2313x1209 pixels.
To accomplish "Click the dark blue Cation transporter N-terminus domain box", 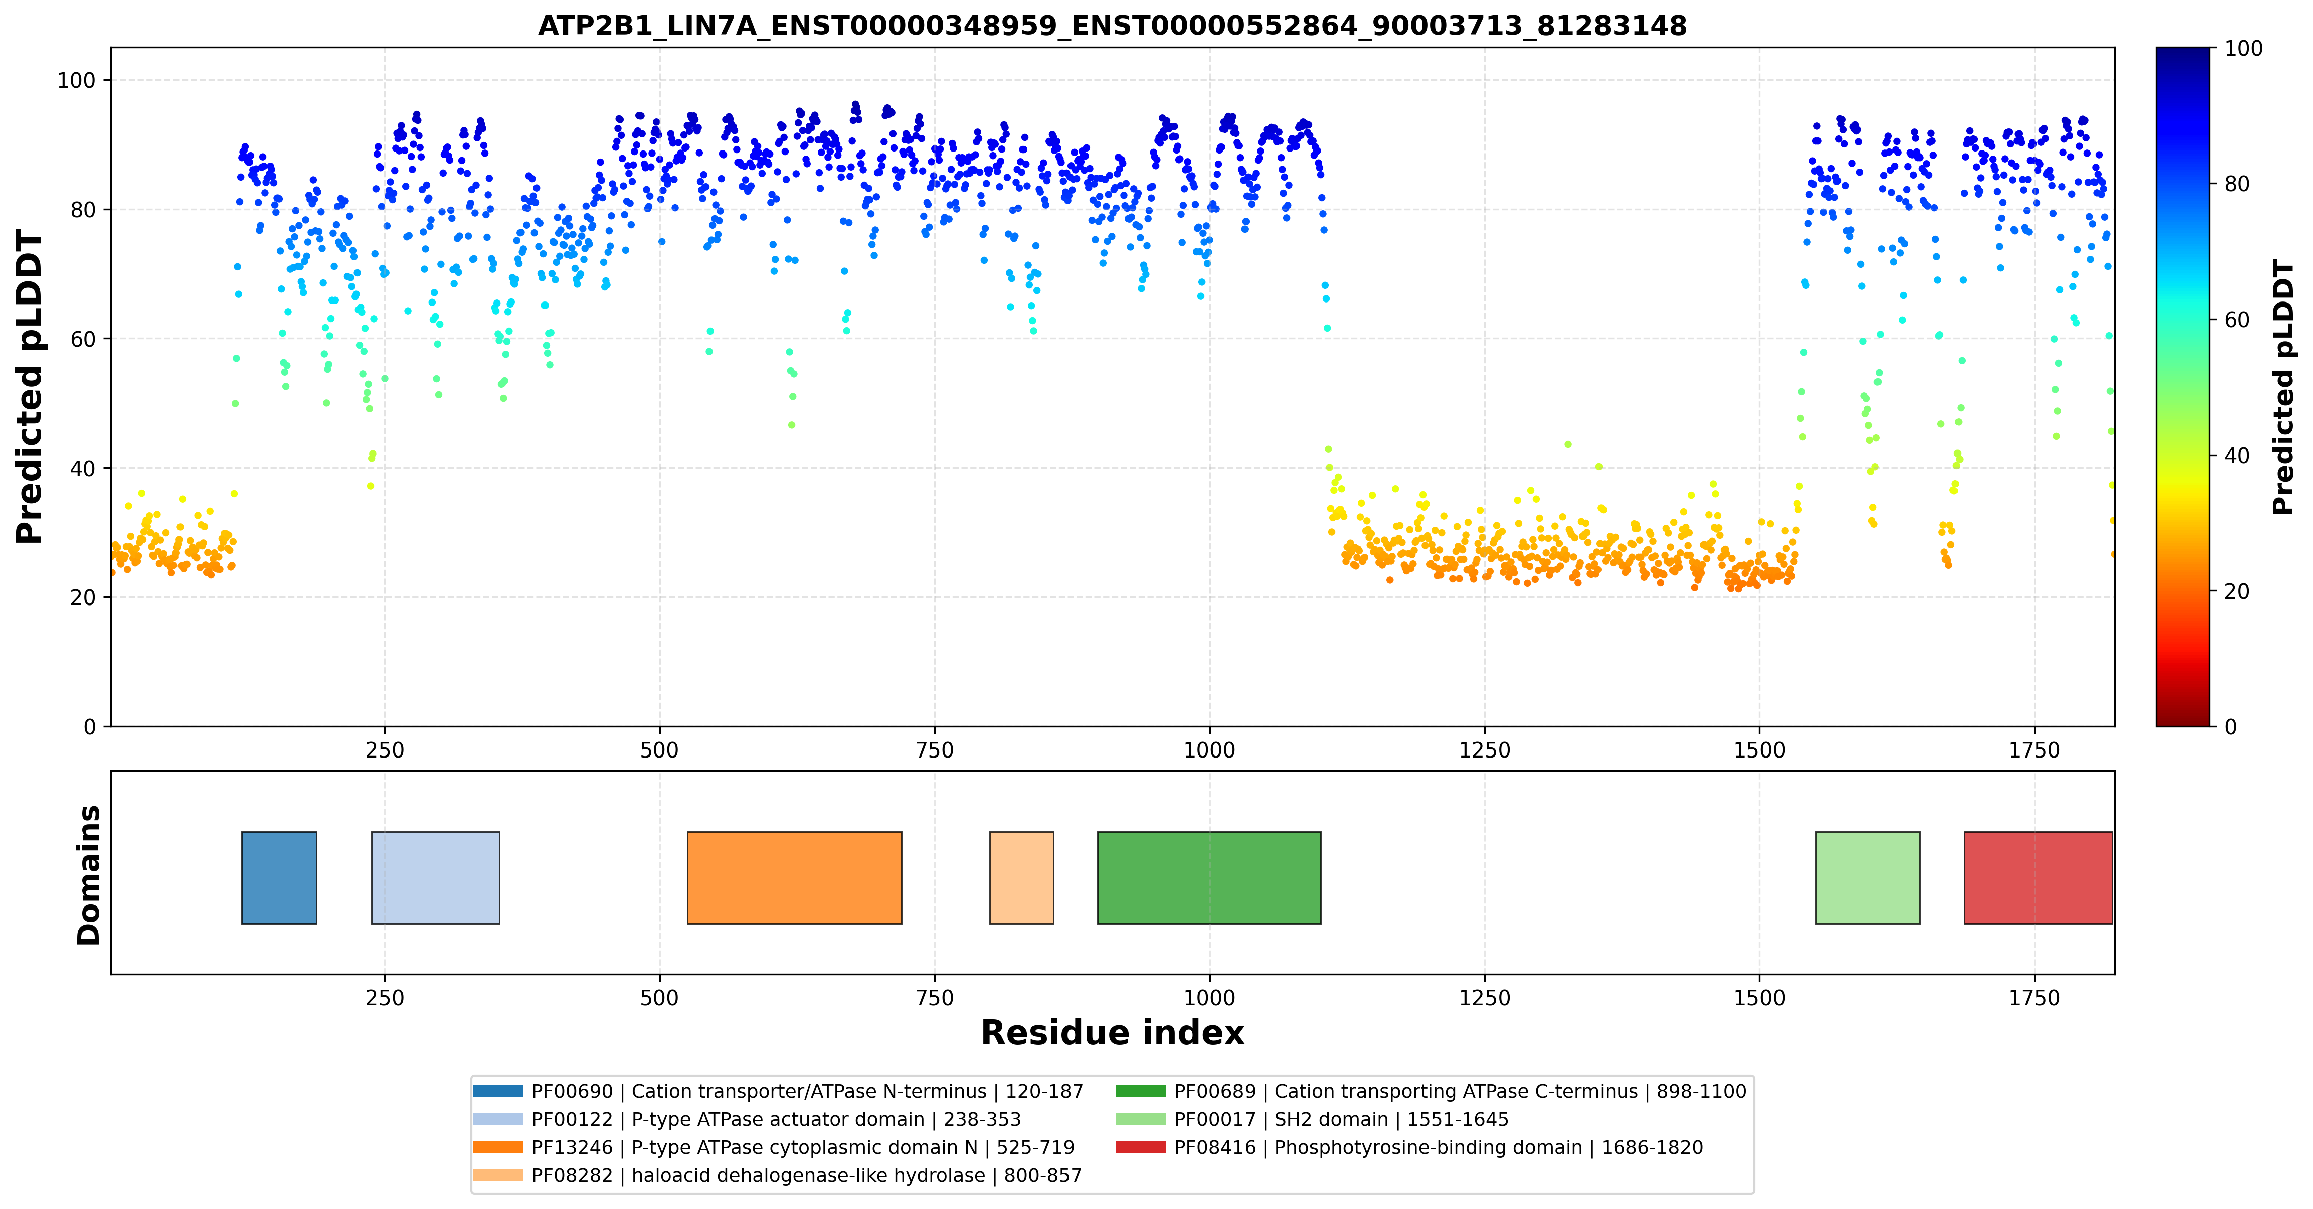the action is (279, 877).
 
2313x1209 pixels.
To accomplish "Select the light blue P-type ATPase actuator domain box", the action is (436, 877).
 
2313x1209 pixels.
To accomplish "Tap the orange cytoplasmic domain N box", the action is (795, 877).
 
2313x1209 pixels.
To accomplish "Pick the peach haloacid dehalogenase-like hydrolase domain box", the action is (1022, 877).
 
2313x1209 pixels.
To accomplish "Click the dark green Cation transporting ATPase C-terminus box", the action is (1209, 877).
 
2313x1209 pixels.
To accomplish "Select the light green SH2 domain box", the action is (1868, 877).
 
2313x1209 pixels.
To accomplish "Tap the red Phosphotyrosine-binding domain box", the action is (2038, 877).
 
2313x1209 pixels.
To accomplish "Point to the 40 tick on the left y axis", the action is (83, 468).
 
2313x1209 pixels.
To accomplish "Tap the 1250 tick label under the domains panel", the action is (1484, 998).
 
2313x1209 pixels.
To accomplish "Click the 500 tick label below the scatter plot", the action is (660, 750).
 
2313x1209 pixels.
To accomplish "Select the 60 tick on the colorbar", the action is (2236, 320).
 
